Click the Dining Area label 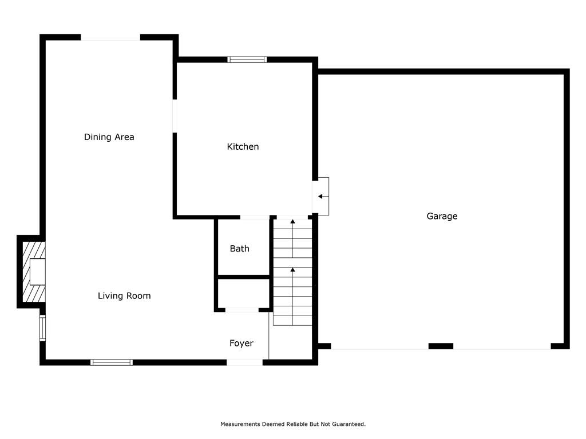(109, 137)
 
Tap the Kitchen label (243, 146)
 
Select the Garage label (442, 216)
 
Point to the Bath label (240, 249)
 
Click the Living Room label (124, 296)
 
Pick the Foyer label (241, 343)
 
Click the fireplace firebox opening (38, 272)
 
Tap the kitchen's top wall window (247, 59)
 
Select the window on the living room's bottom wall (112, 362)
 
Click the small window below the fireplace (42, 328)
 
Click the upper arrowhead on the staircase (292, 222)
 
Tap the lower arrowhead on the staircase (292, 270)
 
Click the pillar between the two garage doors (441, 346)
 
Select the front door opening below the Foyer (244, 362)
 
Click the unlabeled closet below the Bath (243, 293)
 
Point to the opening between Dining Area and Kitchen (175, 115)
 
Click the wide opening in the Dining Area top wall (110, 37)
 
